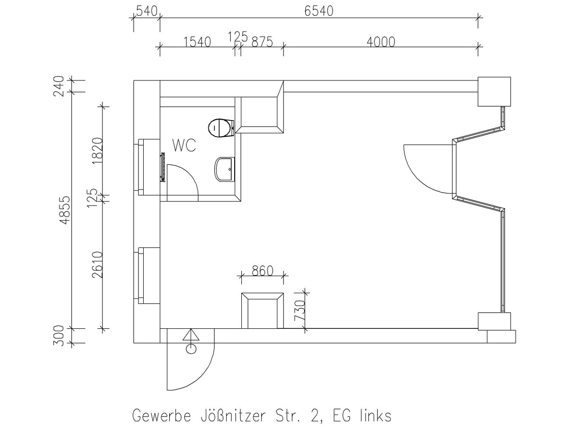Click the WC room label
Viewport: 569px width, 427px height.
click(x=184, y=146)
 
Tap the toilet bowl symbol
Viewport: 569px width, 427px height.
click(x=221, y=128)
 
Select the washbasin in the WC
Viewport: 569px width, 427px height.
click(x=225, y=169)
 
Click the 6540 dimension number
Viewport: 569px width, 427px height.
click(x=319, y=11)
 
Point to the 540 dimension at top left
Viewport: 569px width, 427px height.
click(x=147, y=11)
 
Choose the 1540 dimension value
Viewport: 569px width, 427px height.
click(x=197, y=42)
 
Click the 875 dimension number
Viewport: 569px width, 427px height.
click(x=262, y=42)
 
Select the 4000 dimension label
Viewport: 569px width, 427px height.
click(x=381, y=42)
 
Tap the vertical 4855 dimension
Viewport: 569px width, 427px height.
click(x=64, y=210)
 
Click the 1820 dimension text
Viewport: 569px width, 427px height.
click(x=98, y=151)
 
